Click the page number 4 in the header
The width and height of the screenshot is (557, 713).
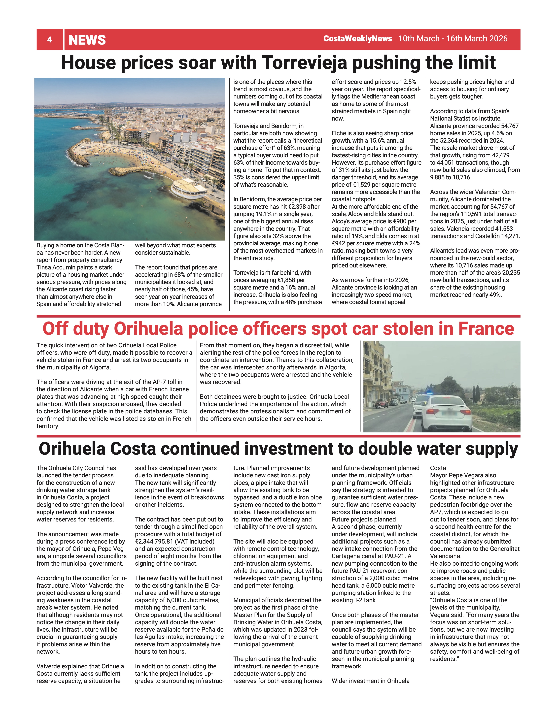(49, 40)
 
